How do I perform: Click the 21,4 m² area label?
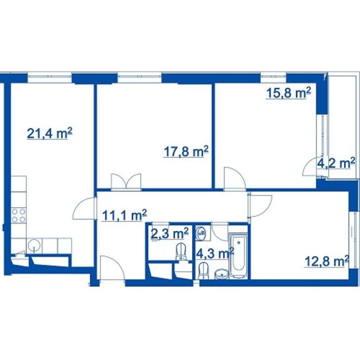[x=50, y=133]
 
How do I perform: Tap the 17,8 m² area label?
[x=186, y=152]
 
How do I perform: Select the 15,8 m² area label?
[x=288, y=93]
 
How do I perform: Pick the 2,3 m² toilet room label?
[x=170, y=234]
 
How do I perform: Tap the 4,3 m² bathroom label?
[x=215, y=254]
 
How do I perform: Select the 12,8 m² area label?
[x=327, y=261]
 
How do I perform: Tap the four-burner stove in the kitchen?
[x=19, y=215]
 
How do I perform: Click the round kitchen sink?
[x=34, y=246]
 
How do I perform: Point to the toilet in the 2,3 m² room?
[x=181, y=252]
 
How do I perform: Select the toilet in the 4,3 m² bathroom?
[x=203, y=271]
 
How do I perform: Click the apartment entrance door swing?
[x=112, y=268]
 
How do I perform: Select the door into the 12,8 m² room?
[x=260, y=206]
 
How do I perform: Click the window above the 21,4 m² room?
[x=50, y=77]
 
